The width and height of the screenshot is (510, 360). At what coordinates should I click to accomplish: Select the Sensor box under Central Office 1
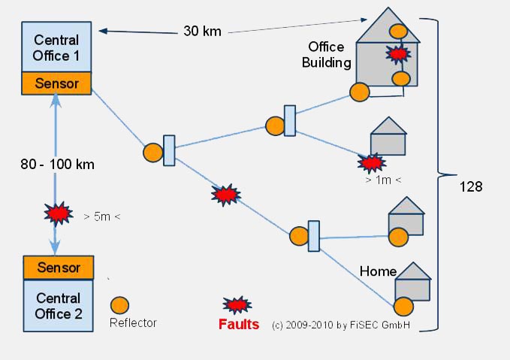click(57, 83)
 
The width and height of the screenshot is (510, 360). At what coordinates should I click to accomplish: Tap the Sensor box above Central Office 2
click(59, 267)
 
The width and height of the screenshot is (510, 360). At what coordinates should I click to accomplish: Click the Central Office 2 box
click(59, 305)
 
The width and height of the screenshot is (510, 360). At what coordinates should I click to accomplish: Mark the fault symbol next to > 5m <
click(54, 215)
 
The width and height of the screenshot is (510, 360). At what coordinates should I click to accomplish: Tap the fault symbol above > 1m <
click(370, 162)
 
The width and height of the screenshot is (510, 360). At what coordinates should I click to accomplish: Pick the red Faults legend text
click(239, 325)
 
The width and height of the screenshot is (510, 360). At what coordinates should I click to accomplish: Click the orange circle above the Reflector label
click(119, 305)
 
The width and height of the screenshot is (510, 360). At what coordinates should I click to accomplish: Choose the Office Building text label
click(327, 54)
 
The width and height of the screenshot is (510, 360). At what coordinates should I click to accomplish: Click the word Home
click(378, 271)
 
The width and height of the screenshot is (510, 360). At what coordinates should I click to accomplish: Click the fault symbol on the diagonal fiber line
click(225, 195)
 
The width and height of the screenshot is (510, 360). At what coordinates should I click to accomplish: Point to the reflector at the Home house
click(404, 307)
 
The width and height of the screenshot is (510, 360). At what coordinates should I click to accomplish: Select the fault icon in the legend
click(237, 304)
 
